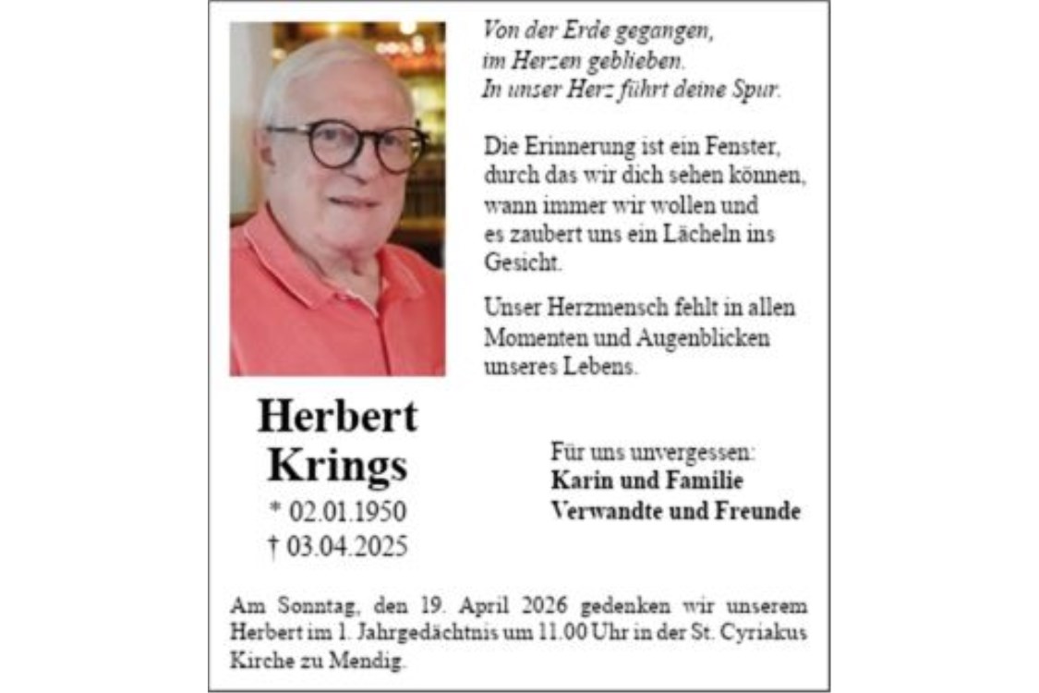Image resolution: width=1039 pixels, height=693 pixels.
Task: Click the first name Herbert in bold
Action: coord(337,417)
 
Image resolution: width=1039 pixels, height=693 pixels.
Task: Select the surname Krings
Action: coord(337,466)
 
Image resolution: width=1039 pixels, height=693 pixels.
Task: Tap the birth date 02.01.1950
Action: coord(347,512)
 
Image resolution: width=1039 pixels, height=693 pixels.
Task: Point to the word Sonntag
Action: coord(313,607)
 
